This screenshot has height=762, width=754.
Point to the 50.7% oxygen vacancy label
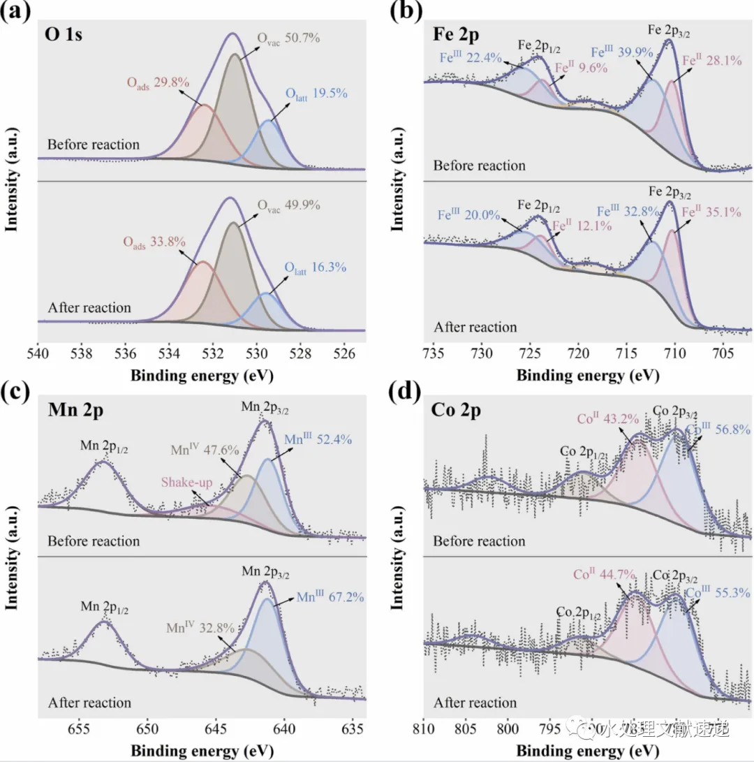pos(288,37)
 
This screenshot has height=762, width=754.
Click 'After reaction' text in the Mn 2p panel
pos(89,703)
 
